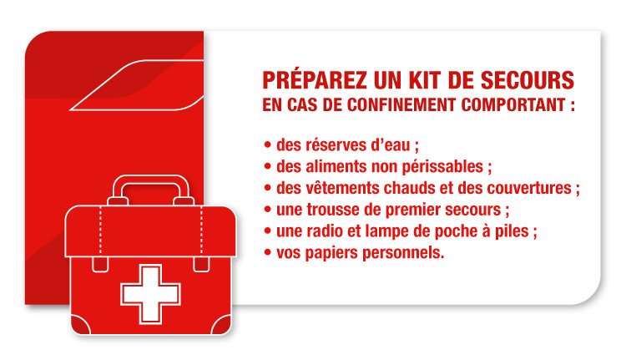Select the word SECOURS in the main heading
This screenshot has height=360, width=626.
click(x=532, y=81)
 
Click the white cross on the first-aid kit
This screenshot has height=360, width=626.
click(x=151, y=293)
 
